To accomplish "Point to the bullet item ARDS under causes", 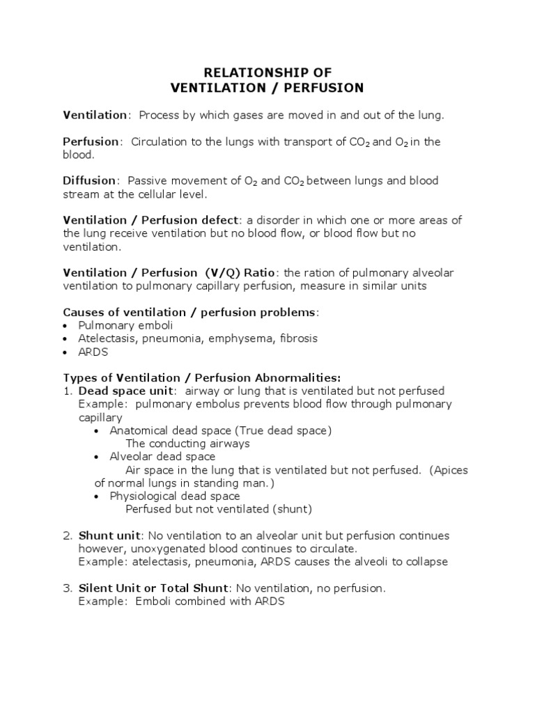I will pos(93,352).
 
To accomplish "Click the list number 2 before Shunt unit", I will pos(68,535).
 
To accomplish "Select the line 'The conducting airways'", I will pos(187,444).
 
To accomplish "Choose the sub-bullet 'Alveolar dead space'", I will pos(162,457).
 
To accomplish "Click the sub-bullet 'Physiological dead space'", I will pos(175,496).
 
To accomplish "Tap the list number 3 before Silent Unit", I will pos(68,588).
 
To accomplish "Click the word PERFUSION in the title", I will pos(325,88).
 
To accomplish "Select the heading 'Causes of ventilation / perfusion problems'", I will pos(189,312).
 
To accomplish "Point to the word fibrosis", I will pos(298,338).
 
